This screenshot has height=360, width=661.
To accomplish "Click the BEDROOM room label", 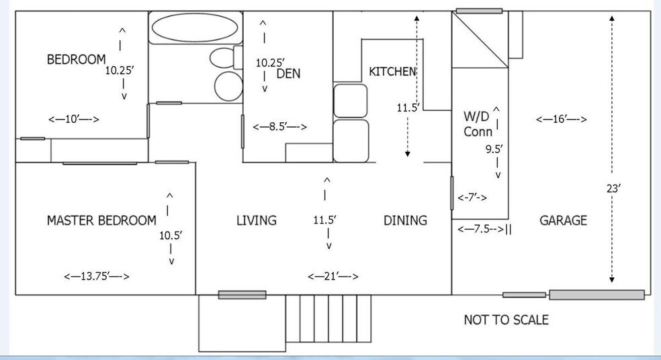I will pyautogui.click(x=76, y=60).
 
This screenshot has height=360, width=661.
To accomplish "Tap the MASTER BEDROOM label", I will pyautogui.click(x=101, y=220).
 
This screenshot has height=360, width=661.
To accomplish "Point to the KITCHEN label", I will pyautogui.click(x=392, y=72).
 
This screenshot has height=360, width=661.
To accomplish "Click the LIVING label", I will pyautogui.click(x=257, y=220).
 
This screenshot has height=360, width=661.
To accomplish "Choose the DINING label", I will pyautogui.click(x=405, y=220).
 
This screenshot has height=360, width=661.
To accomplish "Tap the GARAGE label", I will pyautogui.click(x=563, y=220).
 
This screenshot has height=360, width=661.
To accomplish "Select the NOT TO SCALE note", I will pyautogui.click(x=506, y=320).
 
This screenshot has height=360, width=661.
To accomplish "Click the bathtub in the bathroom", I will pyautogui.click(x=194, y=28).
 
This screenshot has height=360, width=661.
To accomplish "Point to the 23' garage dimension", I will pyautogui.click(x=613, y=189).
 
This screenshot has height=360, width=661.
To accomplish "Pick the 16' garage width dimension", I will pyautogui.click(x=562, y=120).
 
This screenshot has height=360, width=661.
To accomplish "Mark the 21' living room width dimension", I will pyautogui.click(x=333, y=277).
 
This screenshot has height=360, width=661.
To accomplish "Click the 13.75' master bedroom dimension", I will pyautogui.click(x=96, y=277).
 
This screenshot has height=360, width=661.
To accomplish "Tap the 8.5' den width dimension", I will pyautogui.click(x=279, y=127).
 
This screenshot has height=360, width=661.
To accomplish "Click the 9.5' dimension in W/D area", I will pyautogui.click(x=494, y=150).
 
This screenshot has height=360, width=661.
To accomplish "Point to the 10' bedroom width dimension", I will pyautogui.click(x=74, y=120).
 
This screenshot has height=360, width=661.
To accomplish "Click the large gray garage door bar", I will pyautogui.click(x=597, y=294).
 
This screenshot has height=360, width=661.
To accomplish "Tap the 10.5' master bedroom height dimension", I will pyautogui.click(x=171, y=236).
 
